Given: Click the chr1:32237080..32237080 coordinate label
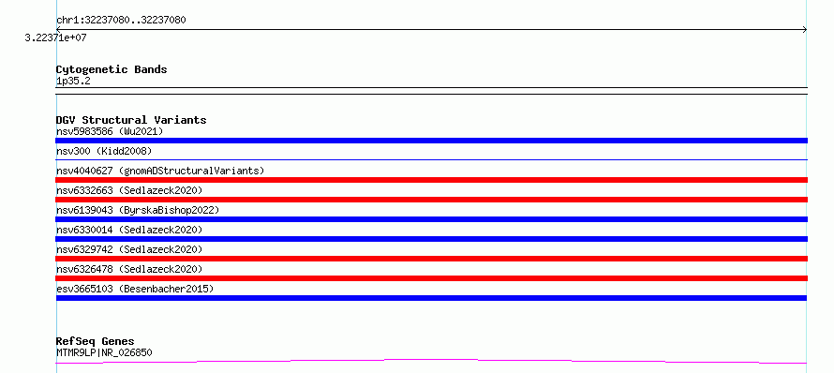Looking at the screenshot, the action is click(x=121, y=20).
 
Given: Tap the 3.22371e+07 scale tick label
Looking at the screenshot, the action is click(x=55, y=38).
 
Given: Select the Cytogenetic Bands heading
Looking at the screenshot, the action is click(x=112, y=69).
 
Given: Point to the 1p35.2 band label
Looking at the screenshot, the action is click(x=73, y=81).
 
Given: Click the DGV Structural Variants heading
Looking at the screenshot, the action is click(x=131, y=120).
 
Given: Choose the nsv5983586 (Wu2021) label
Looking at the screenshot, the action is click(x=110, y=131).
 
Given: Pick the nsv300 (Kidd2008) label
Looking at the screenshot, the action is click(x=104, y=151).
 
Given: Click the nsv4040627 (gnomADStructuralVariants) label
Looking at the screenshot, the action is click(x=160, y=171).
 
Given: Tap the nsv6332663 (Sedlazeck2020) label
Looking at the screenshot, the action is click(x=129, y=190).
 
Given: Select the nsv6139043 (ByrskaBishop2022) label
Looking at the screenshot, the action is click(x=138, y=210).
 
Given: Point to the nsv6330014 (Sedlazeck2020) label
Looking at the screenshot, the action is click(x=129, y=230).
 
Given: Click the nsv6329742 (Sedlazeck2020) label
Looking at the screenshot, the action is click(x=129, y=249).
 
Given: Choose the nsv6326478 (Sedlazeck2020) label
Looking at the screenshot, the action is click(x=129, y=269).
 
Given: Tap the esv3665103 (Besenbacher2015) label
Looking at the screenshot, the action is click(x=135, y=289).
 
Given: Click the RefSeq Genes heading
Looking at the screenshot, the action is click(x=96, y=341).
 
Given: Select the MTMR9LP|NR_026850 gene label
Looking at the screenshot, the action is click(x=104, y=352).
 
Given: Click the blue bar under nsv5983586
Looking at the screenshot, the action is click(x=431, y=141).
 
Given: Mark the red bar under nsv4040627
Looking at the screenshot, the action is click(x=431, y=180).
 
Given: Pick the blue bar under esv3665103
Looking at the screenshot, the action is click(x=431, y=298).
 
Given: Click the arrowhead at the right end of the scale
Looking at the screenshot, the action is click(x=805, y=30).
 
